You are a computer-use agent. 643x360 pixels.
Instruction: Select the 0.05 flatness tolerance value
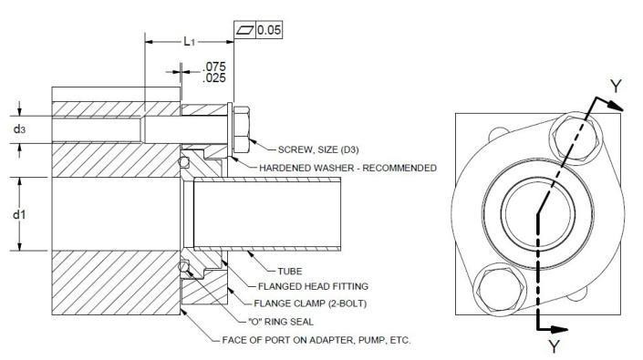(x=269, y=31)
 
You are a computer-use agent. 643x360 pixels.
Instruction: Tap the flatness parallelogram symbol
(x=244, y=31)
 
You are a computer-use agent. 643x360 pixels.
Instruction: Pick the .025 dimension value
(x=213, y=79)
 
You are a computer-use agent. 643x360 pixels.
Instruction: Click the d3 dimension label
(x=19, y=129)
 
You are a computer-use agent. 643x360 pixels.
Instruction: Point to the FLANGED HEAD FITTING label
(x=311, y=288)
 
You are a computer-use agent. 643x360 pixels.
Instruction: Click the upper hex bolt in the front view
(x=576, y=136)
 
